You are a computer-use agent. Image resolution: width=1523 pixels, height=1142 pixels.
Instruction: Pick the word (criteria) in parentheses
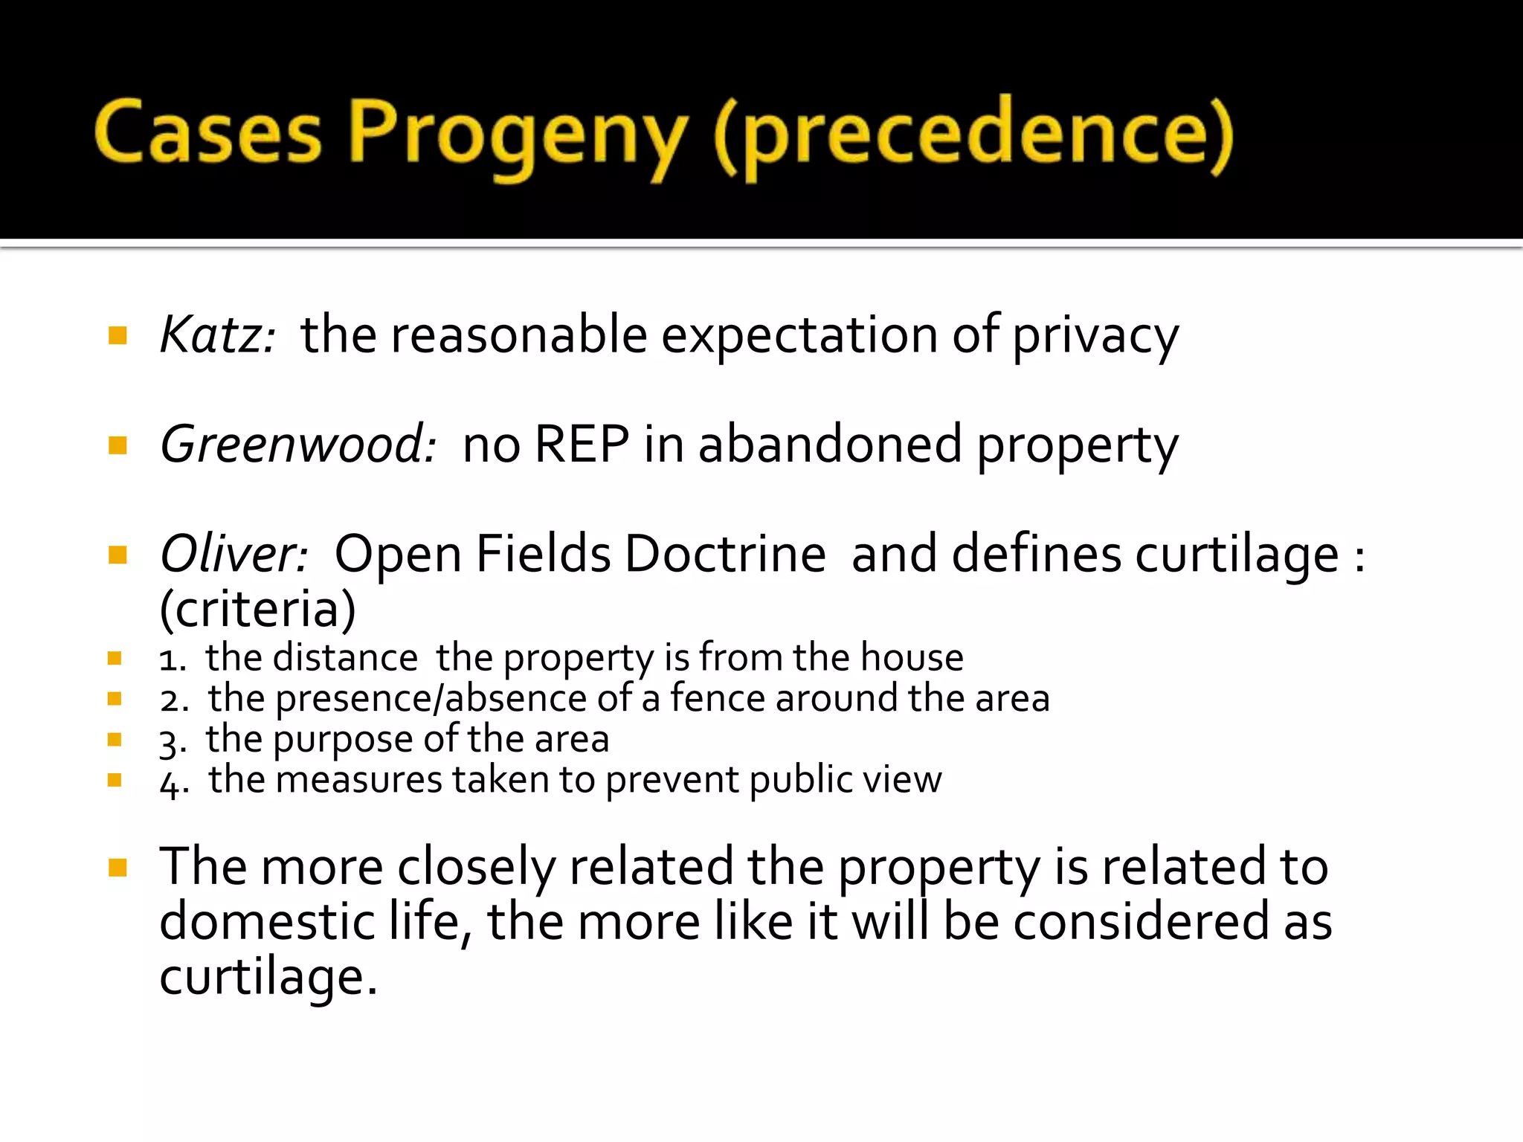[x=258, y=610]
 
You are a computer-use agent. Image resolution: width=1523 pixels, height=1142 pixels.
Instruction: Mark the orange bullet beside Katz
[x=117, y=335]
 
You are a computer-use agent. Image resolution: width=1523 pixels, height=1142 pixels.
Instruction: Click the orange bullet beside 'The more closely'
[x=117, y=868]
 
